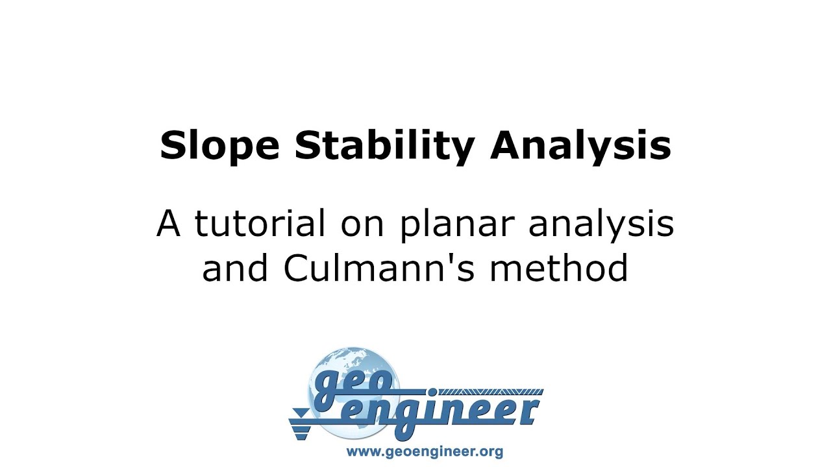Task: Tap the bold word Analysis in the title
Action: pos(580,146)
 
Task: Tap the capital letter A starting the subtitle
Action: pos(168,224)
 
